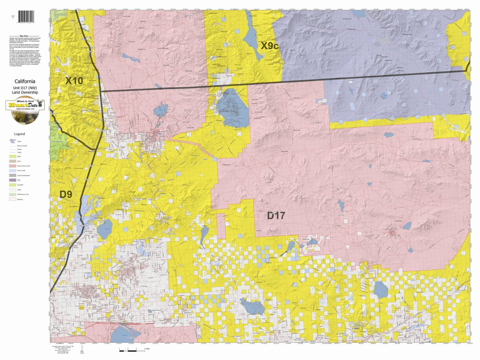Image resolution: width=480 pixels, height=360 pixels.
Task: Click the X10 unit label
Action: (74, 81)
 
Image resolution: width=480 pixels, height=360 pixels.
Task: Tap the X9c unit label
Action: (270, 46)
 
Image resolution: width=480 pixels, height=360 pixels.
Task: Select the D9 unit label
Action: (66, 194)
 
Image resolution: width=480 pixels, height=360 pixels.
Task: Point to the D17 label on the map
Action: (276, 216)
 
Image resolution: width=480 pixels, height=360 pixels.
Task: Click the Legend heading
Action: (20, 134)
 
